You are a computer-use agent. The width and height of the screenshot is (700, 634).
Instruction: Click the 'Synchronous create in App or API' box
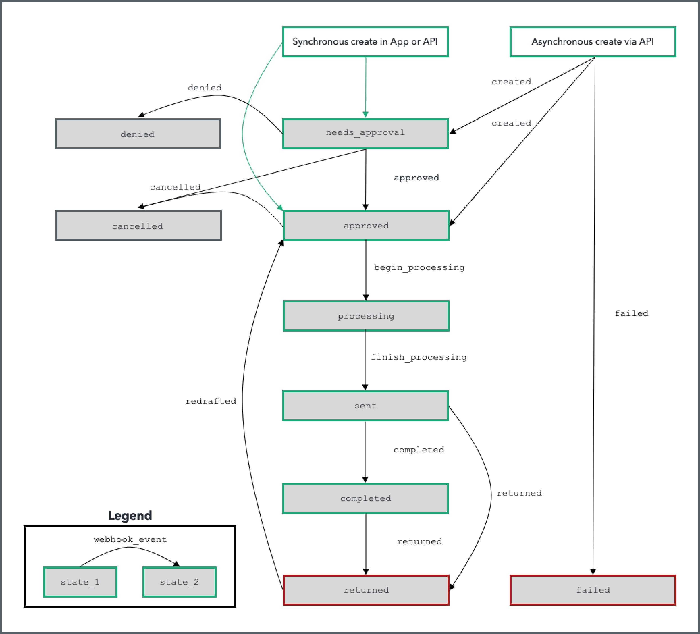(365, 42)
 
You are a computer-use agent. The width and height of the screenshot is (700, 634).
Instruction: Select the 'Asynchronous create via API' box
(592, 42)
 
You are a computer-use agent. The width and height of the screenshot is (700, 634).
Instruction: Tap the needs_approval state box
(365, 133)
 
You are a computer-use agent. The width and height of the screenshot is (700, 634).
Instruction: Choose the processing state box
(366, 316)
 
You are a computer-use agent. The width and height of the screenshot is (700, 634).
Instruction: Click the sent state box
(365, 406)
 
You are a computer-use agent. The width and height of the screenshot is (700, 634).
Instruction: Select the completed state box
(365, 498)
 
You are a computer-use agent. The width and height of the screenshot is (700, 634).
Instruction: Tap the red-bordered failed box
(592, 590)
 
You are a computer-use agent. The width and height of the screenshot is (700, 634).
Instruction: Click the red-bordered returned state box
(366, 590)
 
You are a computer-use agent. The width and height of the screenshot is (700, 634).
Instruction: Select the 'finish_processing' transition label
(419, 357)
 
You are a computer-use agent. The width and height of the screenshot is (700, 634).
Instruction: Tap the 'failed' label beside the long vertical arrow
(631, 313)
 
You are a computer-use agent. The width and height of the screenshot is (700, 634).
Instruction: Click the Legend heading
(130, 516)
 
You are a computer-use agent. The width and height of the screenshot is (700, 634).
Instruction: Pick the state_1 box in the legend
(80, 582)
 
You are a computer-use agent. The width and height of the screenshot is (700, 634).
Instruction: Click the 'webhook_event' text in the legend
(130, 539)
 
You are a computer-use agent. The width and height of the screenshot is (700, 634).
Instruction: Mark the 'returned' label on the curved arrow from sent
(519, 493)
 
